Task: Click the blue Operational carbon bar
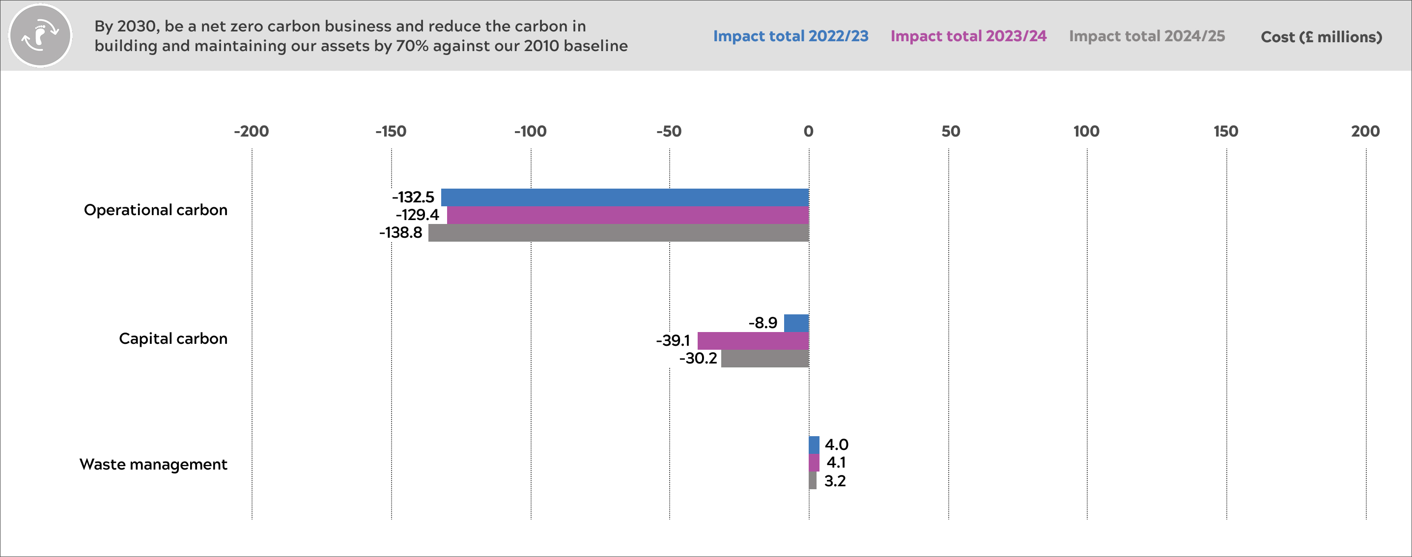coord(625,197)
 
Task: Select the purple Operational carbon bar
coord(627,215)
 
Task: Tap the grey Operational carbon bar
coord(618,232)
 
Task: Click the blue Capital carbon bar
coord(796,323)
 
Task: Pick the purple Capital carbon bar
coord(753,340)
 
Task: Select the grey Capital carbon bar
coord(764,359)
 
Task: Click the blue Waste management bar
coord(814,445)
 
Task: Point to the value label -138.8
coord(401,232)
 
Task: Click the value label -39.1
coord(673,340)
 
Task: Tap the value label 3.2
coord(835,481)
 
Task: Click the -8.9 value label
coord(763,323)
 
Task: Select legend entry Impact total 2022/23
coord(791,36)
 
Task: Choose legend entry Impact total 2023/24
coord(968,36)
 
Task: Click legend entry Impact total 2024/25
coord(1147,36)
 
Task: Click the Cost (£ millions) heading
coord(1321,37)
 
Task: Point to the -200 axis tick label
coord(251,132)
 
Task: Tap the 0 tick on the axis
coord(809,132)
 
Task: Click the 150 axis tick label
coord(1226,132)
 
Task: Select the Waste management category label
coord(153,464)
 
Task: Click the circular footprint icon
coord(40,36)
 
